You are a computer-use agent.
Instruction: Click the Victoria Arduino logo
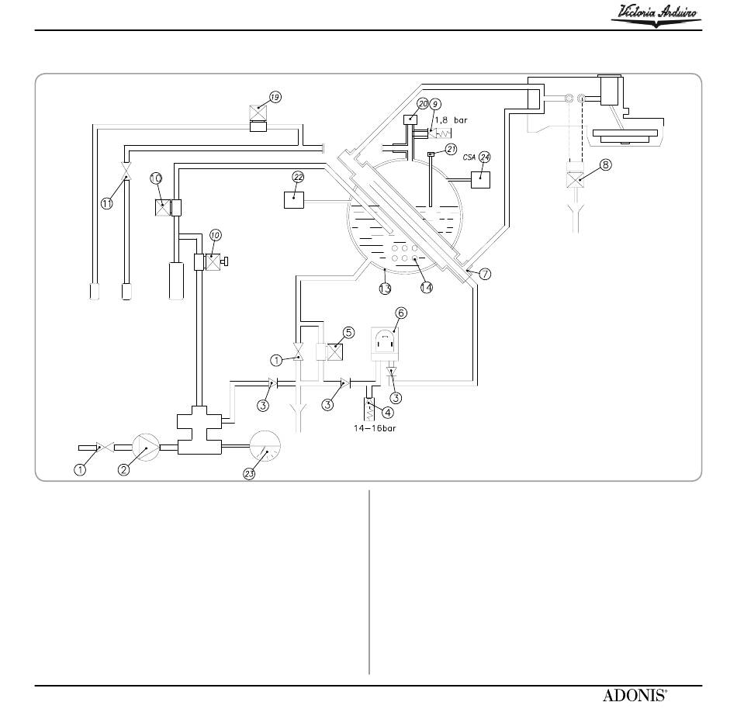tap(656, 16)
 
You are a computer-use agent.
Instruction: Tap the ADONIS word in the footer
tap(635, 695)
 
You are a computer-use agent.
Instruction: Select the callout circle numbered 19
tap(275, 97)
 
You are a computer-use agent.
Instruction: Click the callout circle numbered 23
tap(249, 474)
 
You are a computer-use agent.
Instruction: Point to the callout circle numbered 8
tap(606, 164)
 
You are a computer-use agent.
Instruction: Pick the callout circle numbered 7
tap(485, 274)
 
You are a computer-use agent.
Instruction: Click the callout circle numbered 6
tap(401, 313)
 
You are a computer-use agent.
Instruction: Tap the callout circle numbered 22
tap(299, 177)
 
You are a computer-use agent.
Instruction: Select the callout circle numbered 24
tap(485, 157)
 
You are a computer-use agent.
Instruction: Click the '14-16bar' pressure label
tap(375, 428)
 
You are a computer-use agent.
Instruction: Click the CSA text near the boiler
tap(469, 157)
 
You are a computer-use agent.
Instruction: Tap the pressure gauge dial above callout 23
tap(265, 446)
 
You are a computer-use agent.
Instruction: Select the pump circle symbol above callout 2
tap(146, 448)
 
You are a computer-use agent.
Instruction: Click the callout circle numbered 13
tap(385, 288)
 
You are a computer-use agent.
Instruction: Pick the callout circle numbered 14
tap(427, 287)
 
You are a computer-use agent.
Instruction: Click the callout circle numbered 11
tap(107, 203)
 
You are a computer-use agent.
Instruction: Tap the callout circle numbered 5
tap(349, 333)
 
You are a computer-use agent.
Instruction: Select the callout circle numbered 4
tap(388, 413)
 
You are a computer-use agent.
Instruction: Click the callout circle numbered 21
tap(452, 150)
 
